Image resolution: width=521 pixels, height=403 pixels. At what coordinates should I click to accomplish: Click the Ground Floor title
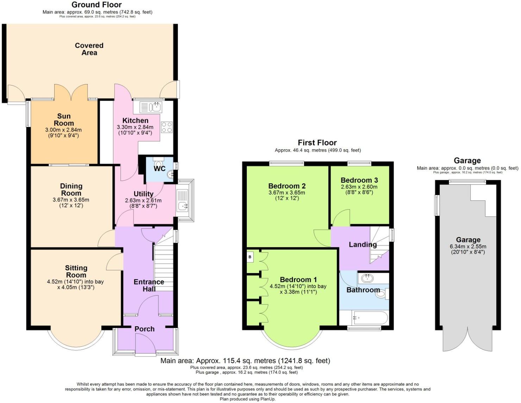click(96, 5)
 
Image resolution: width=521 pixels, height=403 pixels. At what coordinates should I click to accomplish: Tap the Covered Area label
click(89, 49)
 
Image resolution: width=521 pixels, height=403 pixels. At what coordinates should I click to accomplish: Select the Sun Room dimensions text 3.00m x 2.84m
click(63, 130)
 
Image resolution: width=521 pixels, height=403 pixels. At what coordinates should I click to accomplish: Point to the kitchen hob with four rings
click(167, 127)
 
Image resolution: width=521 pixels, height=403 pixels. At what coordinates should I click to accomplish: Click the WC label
click(159, 169)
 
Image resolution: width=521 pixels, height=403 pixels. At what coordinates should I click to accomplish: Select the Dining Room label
click(71, 189)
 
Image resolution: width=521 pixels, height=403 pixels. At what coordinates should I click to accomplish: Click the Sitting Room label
click(76, 271)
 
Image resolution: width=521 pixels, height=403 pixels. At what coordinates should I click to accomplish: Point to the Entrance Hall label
click(149, 285)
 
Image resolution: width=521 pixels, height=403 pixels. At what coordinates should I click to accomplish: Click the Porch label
click(144, 329)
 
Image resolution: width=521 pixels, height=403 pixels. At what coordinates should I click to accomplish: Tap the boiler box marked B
click(250, 257)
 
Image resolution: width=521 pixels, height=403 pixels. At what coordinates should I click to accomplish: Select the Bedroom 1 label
click(298, 280)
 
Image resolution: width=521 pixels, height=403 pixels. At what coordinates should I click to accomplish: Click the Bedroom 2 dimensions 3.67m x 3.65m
click(287, 193)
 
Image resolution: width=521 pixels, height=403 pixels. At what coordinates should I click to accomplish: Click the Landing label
click(363, 244)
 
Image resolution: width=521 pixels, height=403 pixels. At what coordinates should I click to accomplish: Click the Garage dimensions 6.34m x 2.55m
click(468, 246)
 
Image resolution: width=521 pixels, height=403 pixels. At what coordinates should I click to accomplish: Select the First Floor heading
click(317, 143)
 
